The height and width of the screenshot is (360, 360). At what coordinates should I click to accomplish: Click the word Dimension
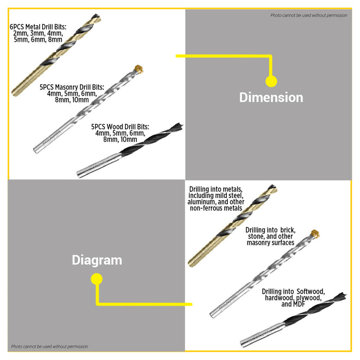tap(271, 97)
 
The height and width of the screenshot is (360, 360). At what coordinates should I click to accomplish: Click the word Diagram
tap(97, 260)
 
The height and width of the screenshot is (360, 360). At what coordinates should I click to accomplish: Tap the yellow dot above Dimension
tap(272, 81)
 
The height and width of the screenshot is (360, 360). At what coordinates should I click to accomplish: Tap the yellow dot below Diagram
tap(97, 279)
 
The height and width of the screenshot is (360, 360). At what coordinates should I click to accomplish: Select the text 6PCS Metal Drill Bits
tap(38, 27)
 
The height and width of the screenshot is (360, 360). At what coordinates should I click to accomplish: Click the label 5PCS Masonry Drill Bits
tap(72, 87)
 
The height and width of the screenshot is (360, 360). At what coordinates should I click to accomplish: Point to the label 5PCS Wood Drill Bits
tap(120, 127)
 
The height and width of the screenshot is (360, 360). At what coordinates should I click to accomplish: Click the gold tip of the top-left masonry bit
tap(139, 69)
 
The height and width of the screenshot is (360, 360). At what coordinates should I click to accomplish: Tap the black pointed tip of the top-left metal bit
tap(97, 17)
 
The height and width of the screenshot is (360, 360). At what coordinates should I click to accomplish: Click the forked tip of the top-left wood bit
tap(179, 126)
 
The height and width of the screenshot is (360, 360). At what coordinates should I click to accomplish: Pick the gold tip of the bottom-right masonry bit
tap(315, 233)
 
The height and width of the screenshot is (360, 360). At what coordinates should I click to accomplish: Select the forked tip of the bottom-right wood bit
tap(343, 296)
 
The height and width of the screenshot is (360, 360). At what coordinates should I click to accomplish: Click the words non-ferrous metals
tap(216, 208)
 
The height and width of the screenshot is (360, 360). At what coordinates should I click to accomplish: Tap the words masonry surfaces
tap(271, 243)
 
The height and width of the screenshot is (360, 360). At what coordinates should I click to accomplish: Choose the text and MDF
tap(293, 304)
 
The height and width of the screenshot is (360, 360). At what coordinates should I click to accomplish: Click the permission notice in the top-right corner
tap(309, 15)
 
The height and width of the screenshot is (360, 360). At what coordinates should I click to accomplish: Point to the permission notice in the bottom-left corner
tap(49, 347)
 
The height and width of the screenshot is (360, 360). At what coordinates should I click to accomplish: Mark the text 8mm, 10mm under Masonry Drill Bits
tap(72, 100)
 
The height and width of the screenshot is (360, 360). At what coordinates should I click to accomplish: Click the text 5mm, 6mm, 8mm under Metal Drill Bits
tap(38, 40)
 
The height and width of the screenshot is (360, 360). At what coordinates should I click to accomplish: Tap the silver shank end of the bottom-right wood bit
tap(243, 344)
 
